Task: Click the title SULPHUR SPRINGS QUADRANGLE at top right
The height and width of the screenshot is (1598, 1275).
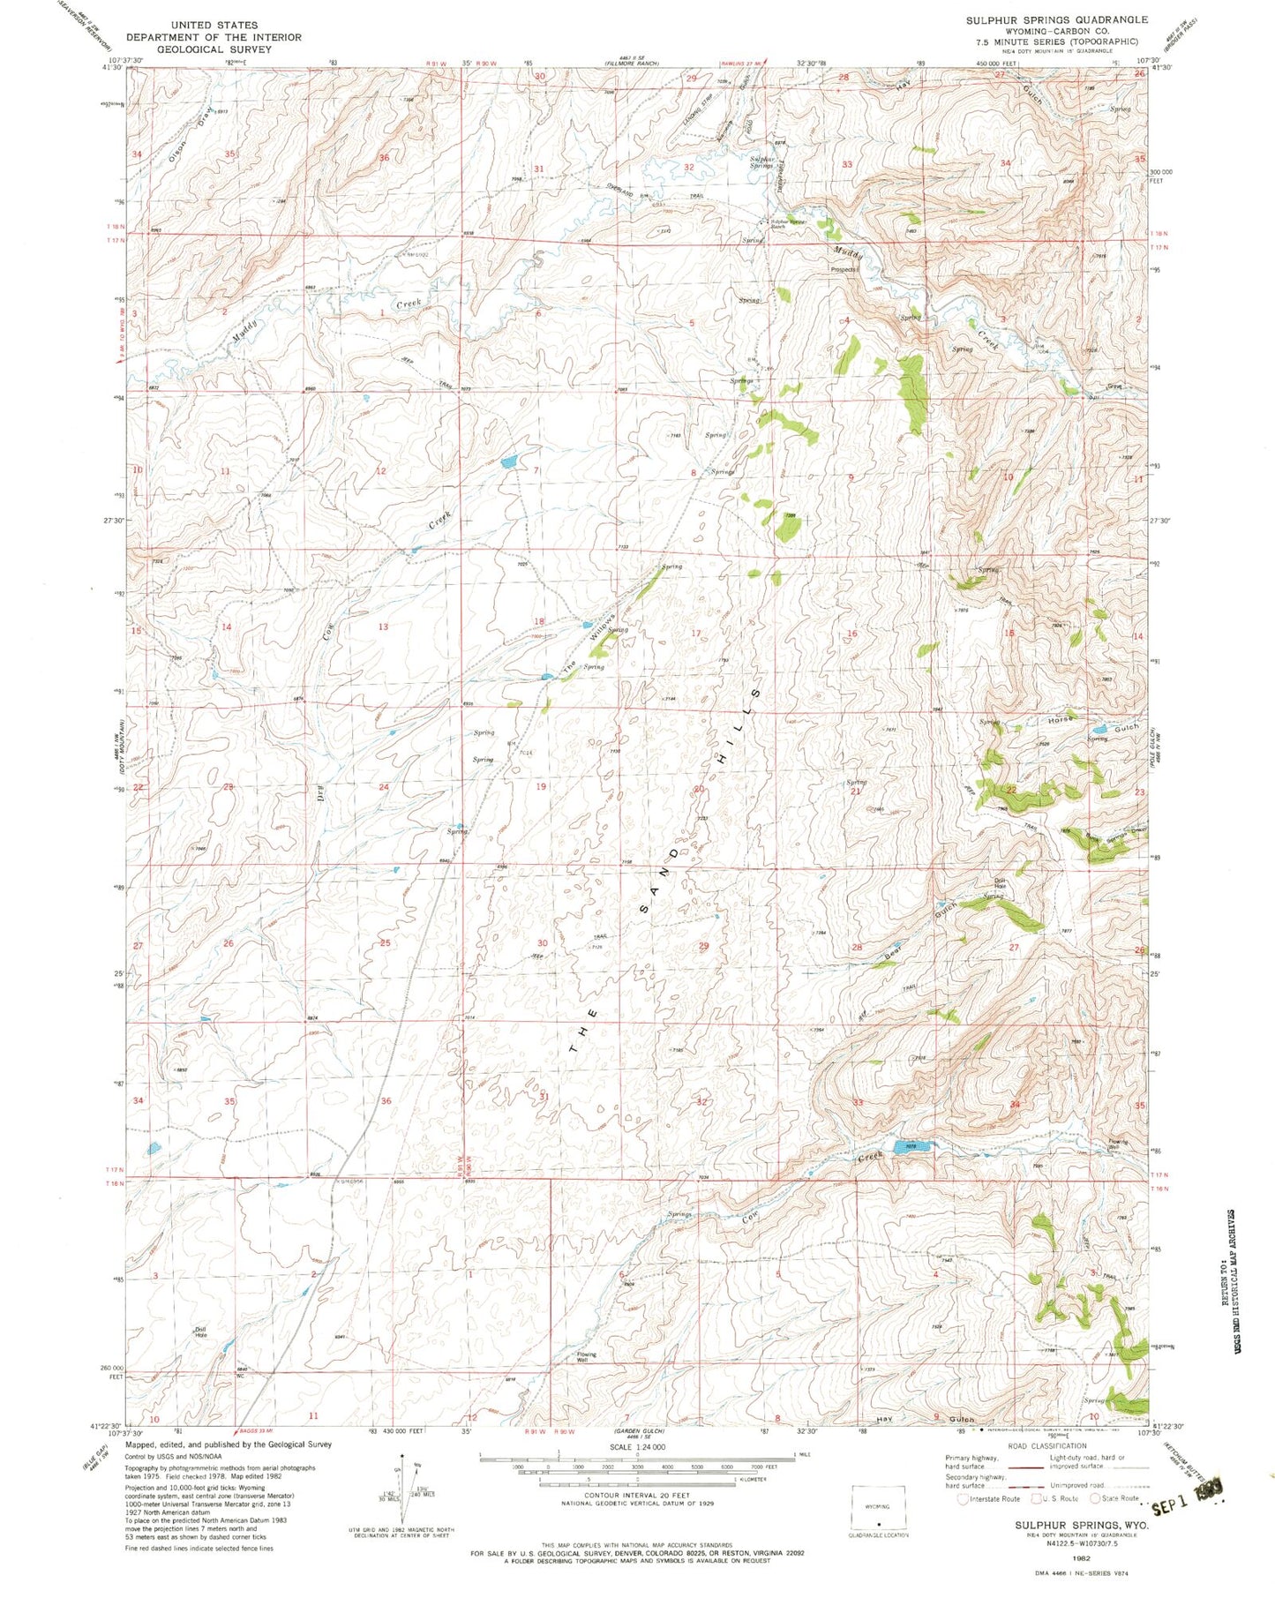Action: point(1056,19)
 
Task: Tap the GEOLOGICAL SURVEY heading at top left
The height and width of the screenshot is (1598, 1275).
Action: point(214,49)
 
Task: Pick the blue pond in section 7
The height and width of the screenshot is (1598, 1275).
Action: point(509,461)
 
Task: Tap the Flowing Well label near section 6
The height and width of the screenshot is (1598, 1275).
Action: point(587,1356)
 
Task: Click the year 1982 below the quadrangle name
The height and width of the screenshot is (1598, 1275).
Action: point(1081,1559)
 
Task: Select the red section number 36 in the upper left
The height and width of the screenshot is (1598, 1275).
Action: point(383,158)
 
